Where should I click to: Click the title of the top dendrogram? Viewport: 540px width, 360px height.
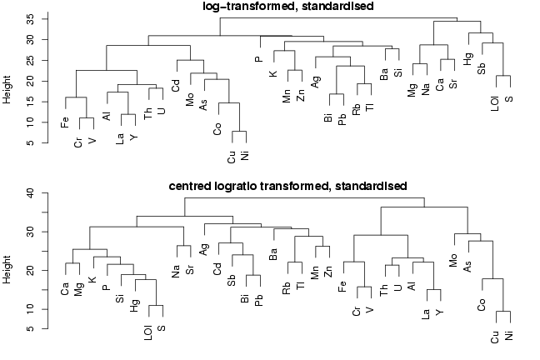(287, 7)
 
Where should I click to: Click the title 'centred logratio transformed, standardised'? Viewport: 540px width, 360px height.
(287, 185)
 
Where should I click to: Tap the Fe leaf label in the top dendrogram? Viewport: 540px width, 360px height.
(65, 122)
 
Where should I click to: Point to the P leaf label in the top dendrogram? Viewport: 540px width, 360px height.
(259, 59)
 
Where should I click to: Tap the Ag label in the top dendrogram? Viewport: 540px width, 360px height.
(316, 82)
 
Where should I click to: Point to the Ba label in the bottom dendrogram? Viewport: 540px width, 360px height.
(272, 253)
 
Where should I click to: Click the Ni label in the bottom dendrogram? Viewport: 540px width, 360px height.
(508, 337)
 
